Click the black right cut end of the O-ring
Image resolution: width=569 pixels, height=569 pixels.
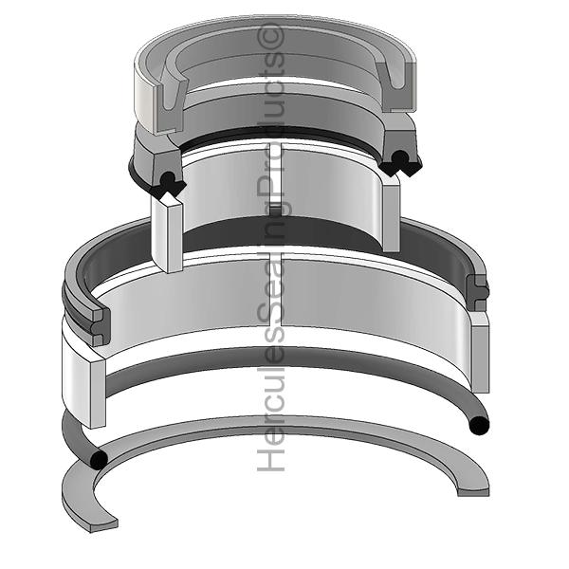479,425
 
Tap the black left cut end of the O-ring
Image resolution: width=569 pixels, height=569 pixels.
97,460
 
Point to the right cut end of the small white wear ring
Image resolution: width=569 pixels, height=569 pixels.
391,214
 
